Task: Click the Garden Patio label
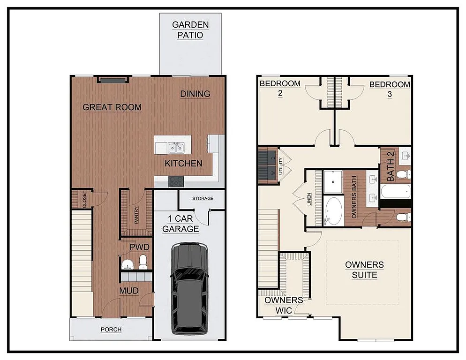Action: click(190, 30)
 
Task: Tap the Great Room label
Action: click(112, 107)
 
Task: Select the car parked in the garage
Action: click(189, 287)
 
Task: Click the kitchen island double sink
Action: click(176, 148)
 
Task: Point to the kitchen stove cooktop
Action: click(176, 181)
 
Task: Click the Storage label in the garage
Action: click(203, 199)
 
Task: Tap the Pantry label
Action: click(136, 215)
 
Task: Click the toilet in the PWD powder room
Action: click(143, 262)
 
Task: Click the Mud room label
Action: click(128, 291)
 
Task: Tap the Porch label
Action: click(111, 330)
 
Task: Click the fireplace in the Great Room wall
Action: click(113, 80)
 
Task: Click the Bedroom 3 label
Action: click(390, 89)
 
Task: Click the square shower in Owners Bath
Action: click(333, 181)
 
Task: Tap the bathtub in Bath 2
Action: click(395, 192)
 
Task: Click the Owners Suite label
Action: click(364, 270)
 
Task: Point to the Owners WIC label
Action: click(284, 305)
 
